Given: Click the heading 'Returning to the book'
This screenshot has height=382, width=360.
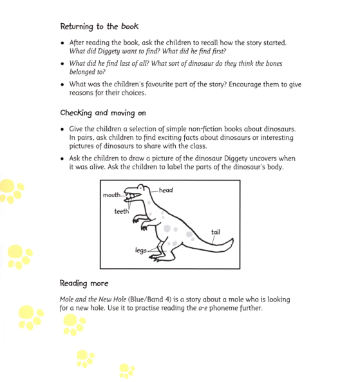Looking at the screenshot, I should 99,26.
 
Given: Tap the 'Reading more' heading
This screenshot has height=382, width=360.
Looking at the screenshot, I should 84,283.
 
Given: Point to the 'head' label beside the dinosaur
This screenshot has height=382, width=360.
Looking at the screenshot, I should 166,190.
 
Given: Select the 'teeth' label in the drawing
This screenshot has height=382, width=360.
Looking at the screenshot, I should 122,211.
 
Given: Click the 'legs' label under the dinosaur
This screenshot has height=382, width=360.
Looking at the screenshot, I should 141,251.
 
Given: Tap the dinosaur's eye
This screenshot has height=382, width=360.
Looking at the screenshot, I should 136,189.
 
